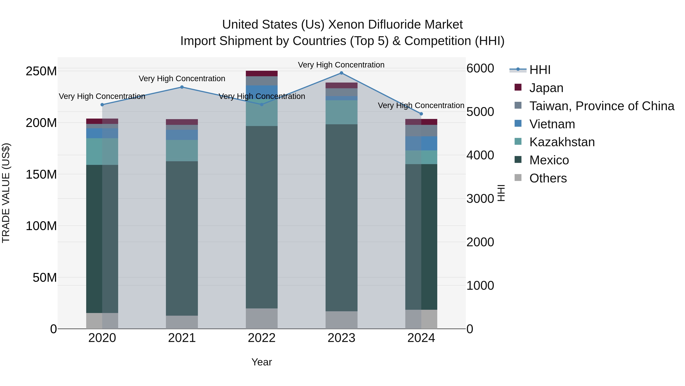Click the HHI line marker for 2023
(x=341, y=73)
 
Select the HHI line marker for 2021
(x=182, y=87)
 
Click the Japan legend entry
(x=546, y=88)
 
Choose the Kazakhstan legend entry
(x=562, y=142)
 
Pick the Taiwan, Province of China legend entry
(x=601, y=106)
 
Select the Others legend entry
(x=548, y=178)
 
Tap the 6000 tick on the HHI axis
(x=480, y=68)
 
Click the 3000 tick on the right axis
(x=480, y=199)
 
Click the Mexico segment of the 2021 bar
(x=182, y=238)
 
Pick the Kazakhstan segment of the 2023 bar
(x=341, y=112)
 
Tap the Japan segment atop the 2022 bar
(x=262, y=74)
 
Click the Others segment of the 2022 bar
(x=262, y=319)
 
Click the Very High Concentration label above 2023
(x=341, y=65)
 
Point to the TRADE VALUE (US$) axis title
(x=6, y=193)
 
